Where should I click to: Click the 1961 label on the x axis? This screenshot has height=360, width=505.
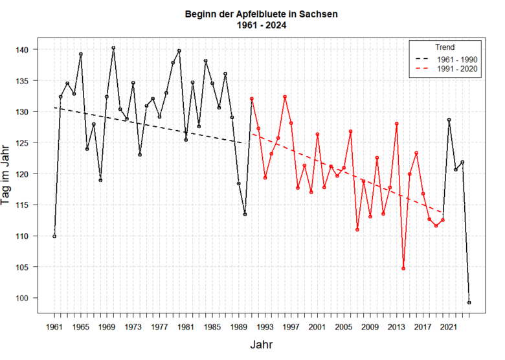(54, 327)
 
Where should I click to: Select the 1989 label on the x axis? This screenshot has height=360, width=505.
(238, 327)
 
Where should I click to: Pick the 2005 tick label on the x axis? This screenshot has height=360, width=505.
(344, 327)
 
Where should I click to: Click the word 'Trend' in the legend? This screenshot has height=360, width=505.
(445, 47)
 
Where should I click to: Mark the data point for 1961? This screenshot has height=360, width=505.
(54, 236)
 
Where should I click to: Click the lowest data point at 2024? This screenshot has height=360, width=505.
(469, 302)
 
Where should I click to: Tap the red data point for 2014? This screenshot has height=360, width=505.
(403, 268)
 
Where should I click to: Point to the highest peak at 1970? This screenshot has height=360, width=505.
(113, 48)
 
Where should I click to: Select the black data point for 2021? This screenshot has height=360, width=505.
(449, 120)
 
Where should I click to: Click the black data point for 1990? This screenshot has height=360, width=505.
(245, 214)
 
